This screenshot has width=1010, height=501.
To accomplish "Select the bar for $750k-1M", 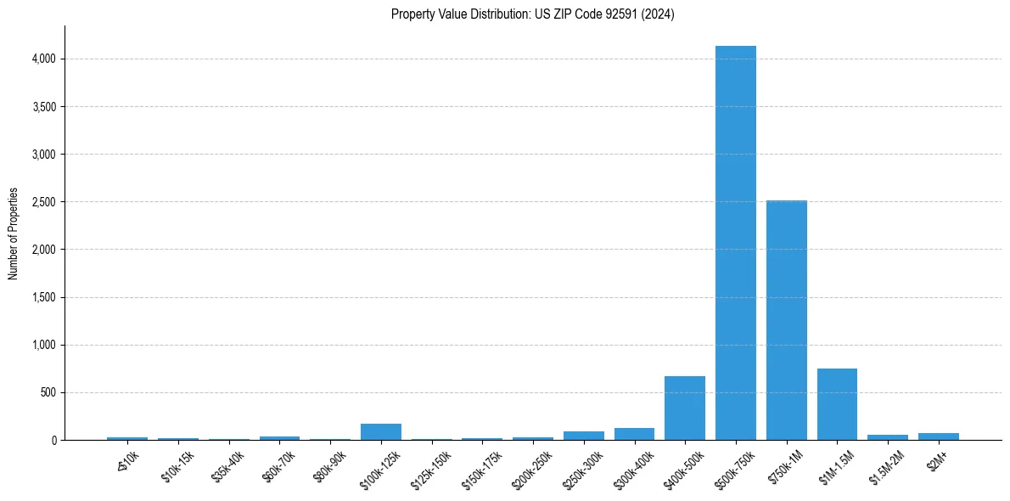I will (786, 320).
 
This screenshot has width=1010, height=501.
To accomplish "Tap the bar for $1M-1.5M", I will (837, 404).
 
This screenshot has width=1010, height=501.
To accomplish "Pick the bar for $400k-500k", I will (684, 408).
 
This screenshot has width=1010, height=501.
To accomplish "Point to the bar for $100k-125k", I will (380, 431).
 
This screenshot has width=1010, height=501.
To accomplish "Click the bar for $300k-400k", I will (634, 434).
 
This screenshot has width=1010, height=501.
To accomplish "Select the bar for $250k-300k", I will (583, 436).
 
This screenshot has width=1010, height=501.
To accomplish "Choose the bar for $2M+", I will (938, 436).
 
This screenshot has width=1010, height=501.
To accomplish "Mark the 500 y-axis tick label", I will (48, 392).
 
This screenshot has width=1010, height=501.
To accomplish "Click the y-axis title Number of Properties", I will (13, 234).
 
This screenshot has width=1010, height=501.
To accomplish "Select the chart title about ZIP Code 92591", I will (532, 14).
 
